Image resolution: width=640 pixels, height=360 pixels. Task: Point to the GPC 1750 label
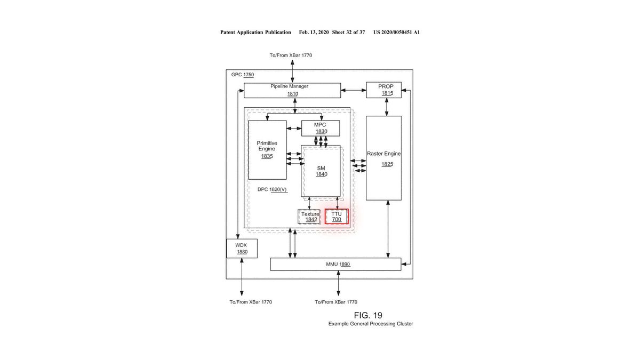tap(243, 75)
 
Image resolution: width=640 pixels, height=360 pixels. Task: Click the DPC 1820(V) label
tap(272, 189)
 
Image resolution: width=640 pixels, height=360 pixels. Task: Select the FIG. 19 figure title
tap(368, 315)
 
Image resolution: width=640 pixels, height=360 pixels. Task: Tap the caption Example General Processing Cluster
tap(371, 324)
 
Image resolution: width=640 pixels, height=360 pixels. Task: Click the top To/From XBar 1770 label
tap(291, 55)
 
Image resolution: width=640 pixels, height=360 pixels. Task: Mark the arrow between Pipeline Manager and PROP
tap(354, 90)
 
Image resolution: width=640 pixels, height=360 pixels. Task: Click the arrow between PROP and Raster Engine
tap(387, 107)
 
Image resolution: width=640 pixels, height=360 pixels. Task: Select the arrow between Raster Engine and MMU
tap(388, 229)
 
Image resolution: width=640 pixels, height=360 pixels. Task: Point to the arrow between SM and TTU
tap(337, 203)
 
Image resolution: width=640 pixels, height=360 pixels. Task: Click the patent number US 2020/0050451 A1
tap(397, 33)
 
